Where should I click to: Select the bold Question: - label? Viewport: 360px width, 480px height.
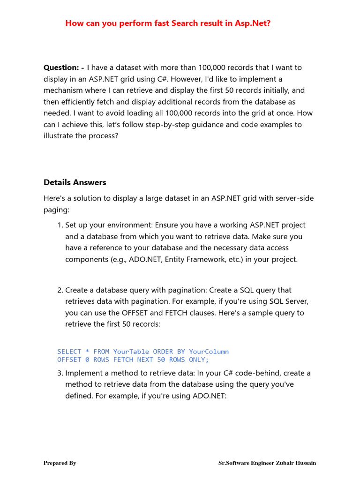[64, 67]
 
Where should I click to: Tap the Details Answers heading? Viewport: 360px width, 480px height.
[75, 182]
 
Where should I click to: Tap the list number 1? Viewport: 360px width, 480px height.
[60, 225]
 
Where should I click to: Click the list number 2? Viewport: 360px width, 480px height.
[60, 290]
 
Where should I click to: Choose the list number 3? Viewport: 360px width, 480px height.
[60, 373]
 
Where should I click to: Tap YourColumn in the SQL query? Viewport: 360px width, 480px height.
[209, 352]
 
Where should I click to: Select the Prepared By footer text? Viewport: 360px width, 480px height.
[60, 463]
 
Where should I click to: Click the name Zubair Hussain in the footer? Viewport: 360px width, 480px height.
[296, 463]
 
